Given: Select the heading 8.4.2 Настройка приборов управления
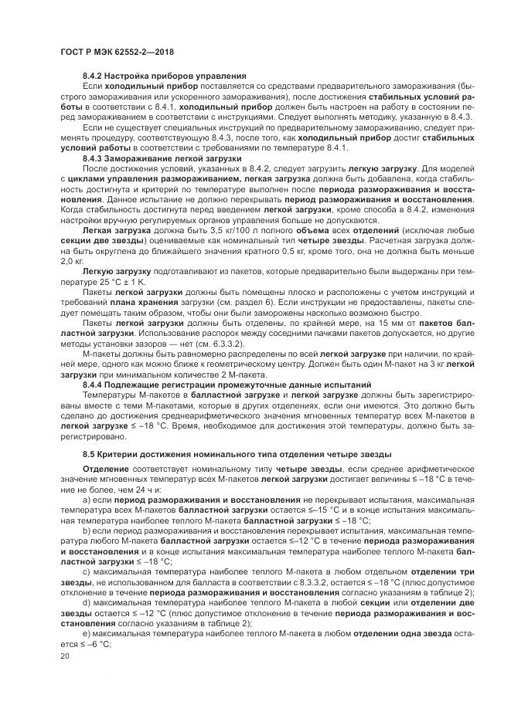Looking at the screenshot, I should pyautogui.click(x=164, y=75).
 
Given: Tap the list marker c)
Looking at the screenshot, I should pyautogui.click(x=87, y=570).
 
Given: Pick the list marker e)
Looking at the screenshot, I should pyautogui.click(x=87, y=632).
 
